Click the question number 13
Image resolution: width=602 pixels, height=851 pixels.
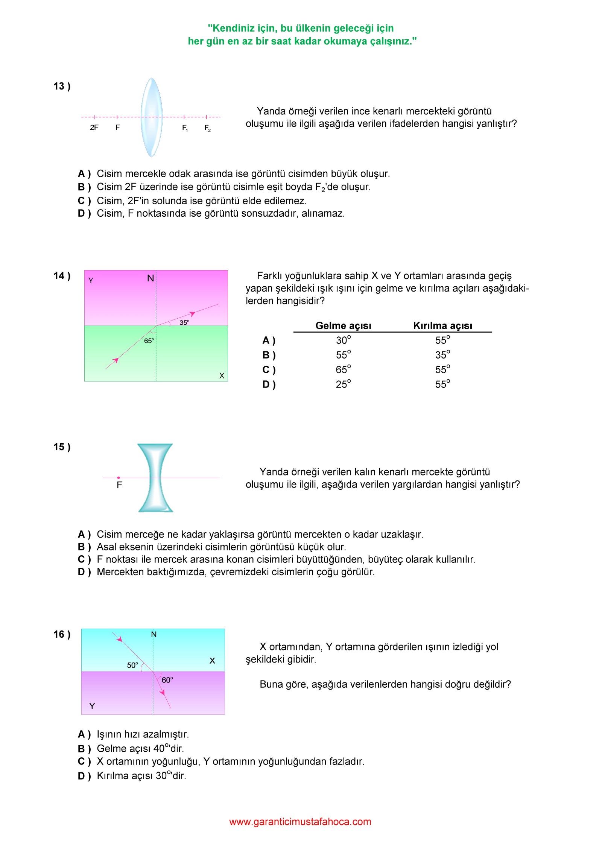coord(62,86)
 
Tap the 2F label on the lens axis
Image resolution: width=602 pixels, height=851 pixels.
coord(94,128)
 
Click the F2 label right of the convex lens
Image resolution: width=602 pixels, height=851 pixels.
coord(207,128)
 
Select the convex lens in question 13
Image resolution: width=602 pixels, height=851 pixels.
coord(151,117)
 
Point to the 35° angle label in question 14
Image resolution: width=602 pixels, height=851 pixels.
coord(184,322)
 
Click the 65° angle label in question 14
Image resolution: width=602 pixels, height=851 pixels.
coord(149,341)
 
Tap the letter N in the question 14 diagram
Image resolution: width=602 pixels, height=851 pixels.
coord(150,278)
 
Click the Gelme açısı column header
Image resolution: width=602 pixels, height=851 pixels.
coord(343,325)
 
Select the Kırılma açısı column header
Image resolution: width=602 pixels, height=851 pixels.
coord(442,325)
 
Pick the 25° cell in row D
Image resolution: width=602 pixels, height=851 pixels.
coord(343,384)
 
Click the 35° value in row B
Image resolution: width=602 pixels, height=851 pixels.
coord(442,355)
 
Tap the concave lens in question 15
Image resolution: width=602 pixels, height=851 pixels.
coord(155,478)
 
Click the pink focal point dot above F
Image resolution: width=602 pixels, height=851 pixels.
coord(119,478)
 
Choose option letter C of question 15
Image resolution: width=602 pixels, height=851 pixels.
coord(84,559)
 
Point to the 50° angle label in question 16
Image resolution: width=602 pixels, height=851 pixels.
coord(132,665)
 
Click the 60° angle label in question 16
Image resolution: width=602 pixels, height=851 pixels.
coord(167,680)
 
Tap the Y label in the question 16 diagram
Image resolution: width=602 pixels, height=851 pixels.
coord(92,706)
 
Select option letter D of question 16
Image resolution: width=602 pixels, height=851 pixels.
coord(84,776)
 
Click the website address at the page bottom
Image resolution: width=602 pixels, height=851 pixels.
coord(300,822)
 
